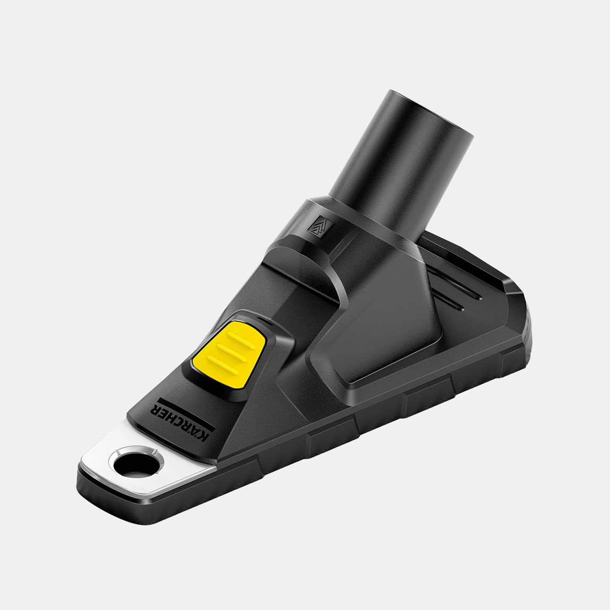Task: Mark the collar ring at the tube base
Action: (x=361, y=223)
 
